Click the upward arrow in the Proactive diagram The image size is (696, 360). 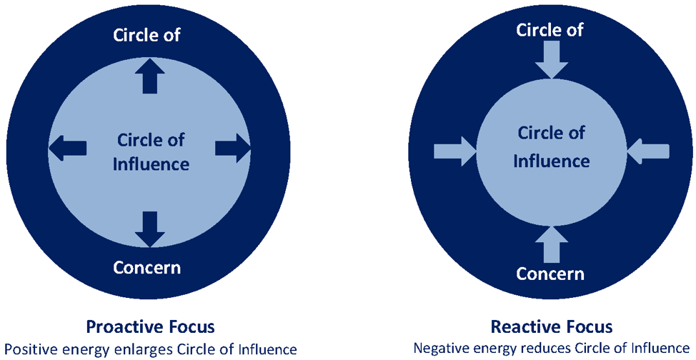(x=149, y=76)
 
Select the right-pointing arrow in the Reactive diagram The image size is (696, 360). (x=455, y=151)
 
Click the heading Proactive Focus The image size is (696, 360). (x=150, y=327)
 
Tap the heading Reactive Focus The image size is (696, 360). (x=551, y=327)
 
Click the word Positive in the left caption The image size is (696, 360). (x=32, y=349)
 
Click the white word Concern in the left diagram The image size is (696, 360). (x=147, y=268)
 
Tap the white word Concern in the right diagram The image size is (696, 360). (x=550, y=274)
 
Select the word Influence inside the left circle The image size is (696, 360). (x=151, y=164)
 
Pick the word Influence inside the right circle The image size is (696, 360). (x=551, y=161)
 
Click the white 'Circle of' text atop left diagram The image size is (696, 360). (x=146, y=35)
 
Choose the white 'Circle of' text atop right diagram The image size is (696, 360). (x=550, y=29)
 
